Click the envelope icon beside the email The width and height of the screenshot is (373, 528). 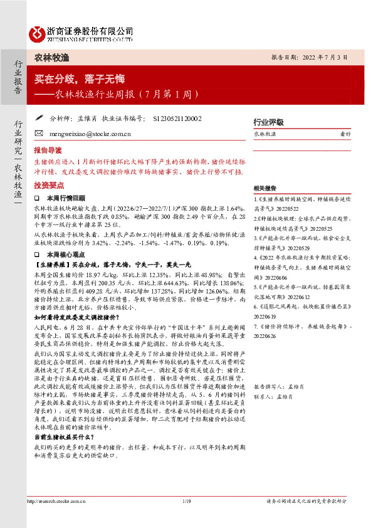[39, 134]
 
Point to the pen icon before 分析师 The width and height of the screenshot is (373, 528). [39, 117]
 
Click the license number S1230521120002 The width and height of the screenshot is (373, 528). [177, 118]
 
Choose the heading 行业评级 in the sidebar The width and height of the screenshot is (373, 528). [268, 122]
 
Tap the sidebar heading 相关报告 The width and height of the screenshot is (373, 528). [265, 189]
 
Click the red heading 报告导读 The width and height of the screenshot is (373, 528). [48, 150]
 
